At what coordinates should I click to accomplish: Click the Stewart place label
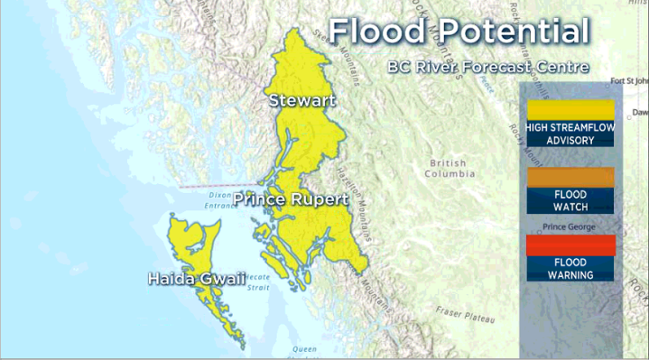301,100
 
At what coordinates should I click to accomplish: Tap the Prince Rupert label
291,198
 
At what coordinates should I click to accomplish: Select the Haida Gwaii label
196,279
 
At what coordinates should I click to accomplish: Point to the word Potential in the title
509,32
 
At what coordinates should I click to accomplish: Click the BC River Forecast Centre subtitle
487,67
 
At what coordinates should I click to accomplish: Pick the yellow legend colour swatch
570,109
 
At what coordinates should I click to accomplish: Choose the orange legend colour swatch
570,177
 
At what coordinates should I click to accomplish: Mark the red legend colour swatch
570,245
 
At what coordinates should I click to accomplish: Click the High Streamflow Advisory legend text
570,134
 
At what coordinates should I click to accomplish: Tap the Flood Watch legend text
570,200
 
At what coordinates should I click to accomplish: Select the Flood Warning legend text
570,268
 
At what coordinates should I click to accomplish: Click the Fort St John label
629,81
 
